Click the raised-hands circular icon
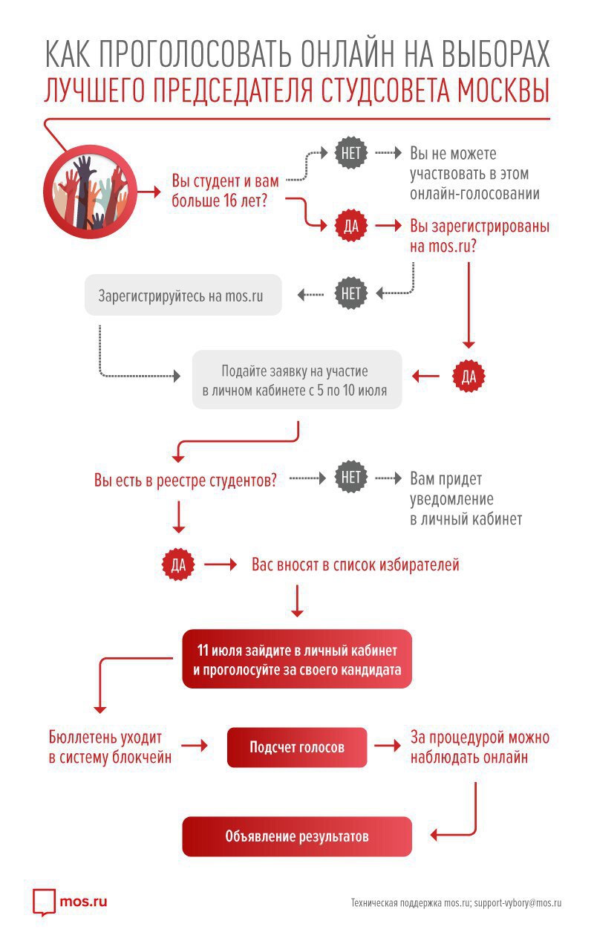pyautogui.click(x=91, y=192)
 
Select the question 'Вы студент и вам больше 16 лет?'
pyautogui.click(x=226, y=191)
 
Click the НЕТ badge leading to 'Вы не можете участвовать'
pyautogui.click(x=351, y=153)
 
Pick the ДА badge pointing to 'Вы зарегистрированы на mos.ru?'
pyautogui.click(x=351, y=226)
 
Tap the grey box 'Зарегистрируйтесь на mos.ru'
pyautogui.click(x=183, y=295)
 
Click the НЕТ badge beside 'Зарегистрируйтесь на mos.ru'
pyautogui.click(x=351, y=293)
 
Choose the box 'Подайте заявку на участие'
pyautogui.click(x=297, y=380)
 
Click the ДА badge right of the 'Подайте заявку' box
pyautogui.click(x=469, y=377)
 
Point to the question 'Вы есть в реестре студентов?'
pyautogui.click(x=186, y=480)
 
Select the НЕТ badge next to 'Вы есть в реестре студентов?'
pyautogui.click(x=351, y=478)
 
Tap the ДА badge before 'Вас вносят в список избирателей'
pyautogui.click(x=178, y=564)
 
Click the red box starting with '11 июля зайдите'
pyautogui.click(x=297, y=659)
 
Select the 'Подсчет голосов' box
pyautogui.click(x=297, y=747)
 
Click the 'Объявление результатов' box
pyautogui.click(x=297, y=836)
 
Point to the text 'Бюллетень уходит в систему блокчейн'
pyautogui.click(x=110, y=747)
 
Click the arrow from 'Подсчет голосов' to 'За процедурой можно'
pyautogui.click(x=388, y=746)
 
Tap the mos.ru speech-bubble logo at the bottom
pyautogui.click(x=44, y=902)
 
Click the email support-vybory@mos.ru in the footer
pyautogui.click(x=518, y=903)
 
